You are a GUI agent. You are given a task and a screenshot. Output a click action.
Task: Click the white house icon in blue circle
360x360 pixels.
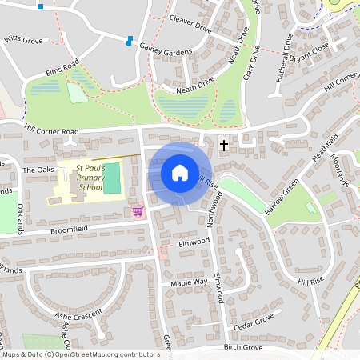point(179,173)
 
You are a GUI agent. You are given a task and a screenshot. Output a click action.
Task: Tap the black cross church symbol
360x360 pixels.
point(223,145)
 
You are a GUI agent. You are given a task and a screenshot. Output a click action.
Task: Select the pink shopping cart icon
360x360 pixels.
point(138,211)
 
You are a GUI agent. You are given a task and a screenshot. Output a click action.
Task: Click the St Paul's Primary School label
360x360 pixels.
point(90,178)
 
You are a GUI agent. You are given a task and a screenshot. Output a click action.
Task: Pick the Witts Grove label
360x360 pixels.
point(22,38)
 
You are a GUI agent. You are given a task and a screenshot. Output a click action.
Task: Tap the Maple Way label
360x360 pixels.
point(189,282)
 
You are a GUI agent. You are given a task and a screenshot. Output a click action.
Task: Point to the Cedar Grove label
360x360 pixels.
point(254,322)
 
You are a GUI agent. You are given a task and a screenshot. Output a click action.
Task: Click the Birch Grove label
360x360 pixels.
point(243,348)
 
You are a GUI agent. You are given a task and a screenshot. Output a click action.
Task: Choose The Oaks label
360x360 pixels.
point(37,170)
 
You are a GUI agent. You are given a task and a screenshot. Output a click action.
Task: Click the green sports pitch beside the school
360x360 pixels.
point(112,178)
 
